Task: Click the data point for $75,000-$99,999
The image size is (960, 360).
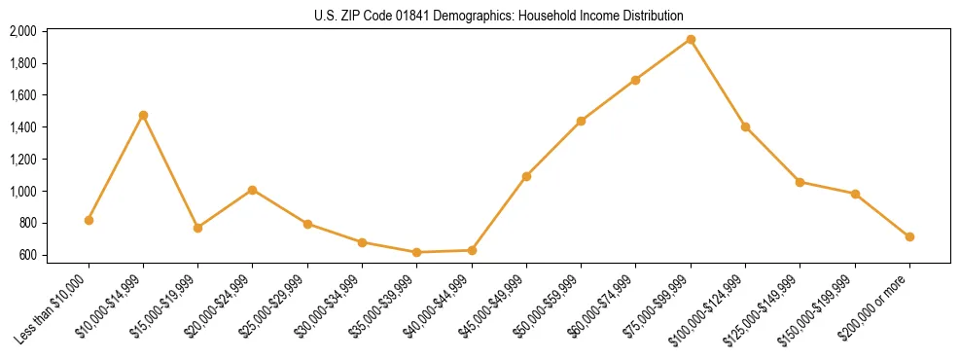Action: click(691, 40)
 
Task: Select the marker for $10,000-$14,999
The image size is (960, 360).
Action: click(143, 115)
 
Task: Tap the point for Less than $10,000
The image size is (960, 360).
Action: click(89, 220)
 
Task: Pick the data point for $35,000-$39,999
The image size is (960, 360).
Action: click(417, 252)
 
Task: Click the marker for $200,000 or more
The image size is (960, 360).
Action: click(909, 236)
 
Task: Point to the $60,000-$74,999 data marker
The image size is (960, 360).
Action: click(635, 80)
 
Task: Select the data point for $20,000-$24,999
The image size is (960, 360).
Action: click(253, 190)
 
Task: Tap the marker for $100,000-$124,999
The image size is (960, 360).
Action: click(745, 126)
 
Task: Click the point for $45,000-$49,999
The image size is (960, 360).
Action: click(526, 176)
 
